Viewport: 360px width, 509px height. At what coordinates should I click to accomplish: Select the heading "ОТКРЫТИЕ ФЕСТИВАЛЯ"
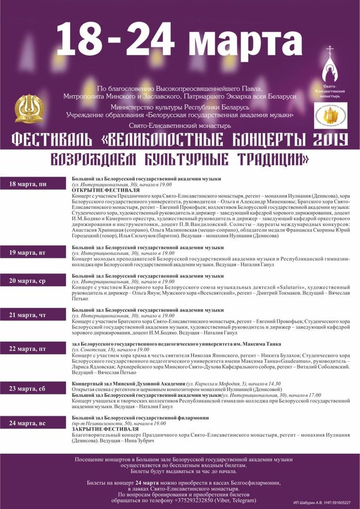[x=106, y=190]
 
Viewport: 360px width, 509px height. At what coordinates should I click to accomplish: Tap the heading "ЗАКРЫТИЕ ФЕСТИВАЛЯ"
[x=106, y=429]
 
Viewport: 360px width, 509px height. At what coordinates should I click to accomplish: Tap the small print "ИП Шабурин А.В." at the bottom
[x=308, y=503]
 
